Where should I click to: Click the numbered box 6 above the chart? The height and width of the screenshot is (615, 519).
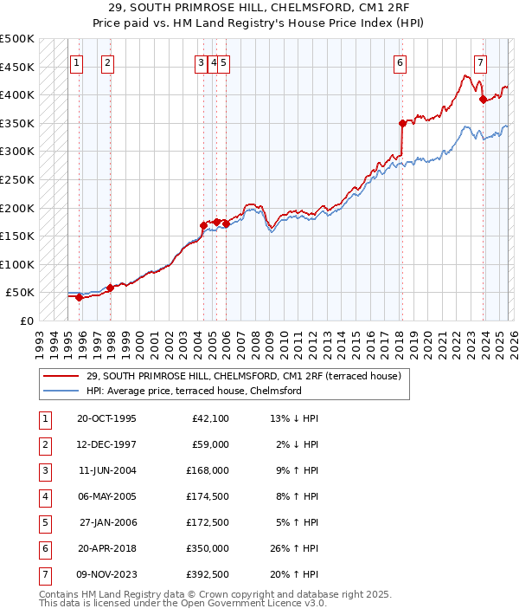pos(400,62)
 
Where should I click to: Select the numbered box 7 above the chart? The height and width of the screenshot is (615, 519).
pos(480,62)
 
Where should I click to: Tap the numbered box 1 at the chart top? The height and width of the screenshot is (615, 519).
pos(77,62)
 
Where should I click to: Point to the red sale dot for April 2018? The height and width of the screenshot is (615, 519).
pos(402,124)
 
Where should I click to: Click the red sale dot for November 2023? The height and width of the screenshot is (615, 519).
pos(483,99)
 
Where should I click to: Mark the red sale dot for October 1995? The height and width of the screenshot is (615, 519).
pos(79,297)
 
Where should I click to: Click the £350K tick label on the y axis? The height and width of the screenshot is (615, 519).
pos(17,124)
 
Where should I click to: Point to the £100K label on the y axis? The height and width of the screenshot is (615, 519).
pos(17,264)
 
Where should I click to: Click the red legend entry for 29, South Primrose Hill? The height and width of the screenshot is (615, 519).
pos(243,377)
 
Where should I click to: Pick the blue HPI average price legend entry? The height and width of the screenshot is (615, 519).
pos(193,391)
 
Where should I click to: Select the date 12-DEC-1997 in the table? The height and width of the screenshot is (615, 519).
pos(106,444)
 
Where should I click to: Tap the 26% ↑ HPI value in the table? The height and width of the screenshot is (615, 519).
pos(295,548)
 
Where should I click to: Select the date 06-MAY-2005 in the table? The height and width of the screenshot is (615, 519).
pos(106,496)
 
